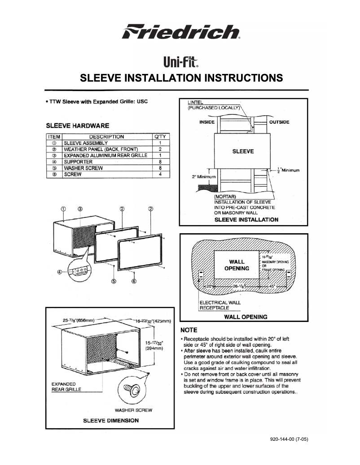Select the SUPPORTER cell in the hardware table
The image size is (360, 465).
point(79,161)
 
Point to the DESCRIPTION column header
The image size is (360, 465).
point(106,136)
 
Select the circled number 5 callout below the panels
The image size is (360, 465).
point(114,281)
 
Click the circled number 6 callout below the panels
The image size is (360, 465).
point(134,281)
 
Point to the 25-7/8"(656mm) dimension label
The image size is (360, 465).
point(79,320)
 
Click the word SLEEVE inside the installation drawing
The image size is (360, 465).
point(243,151)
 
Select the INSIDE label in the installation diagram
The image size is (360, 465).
point(207,122)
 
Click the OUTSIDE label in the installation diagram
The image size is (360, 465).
point(279,122)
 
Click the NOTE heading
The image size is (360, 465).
point(189,330)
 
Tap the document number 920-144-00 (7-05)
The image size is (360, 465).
point(289,439)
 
